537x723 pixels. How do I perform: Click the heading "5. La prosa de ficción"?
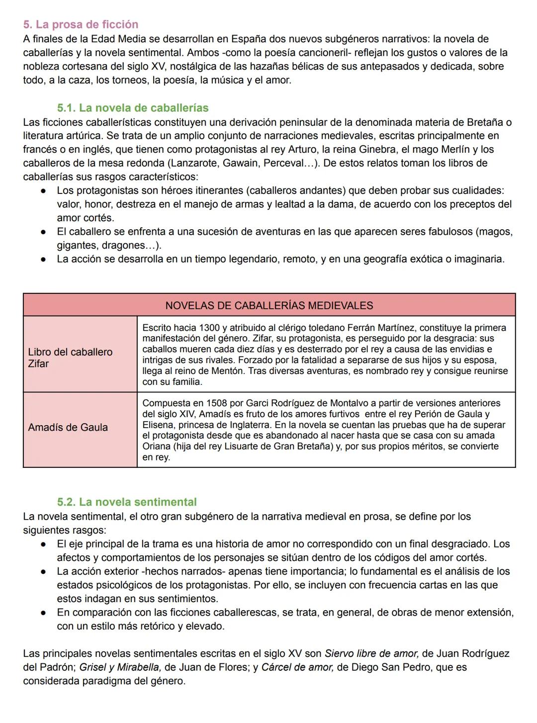pyautogui.click(x=81, y=24)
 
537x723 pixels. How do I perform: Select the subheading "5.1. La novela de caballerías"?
pyautogui.click(x=133, y=108)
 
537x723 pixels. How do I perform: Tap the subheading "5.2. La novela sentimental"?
pyautogui.click(x=127, y=502)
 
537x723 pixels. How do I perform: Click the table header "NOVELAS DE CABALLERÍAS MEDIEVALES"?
pyautogui.click(x=269, y=305)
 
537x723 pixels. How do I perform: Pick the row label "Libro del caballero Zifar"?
pyautogui.click(x=70, y=358)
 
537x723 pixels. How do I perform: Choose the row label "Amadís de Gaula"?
pyautogui.click(x=68, y=427)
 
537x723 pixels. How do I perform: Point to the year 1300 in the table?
pyautogui.click(x=209, y=328)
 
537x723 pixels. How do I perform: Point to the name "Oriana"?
pyautogui.click(x=157, y=446)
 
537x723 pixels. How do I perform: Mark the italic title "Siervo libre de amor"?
pyautogui.click(x=371, y=653)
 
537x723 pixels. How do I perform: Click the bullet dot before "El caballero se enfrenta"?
pyautogui.click(x=44, y=232)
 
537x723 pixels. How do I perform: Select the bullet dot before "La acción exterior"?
pyautogui.click(x=44, y=571)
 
